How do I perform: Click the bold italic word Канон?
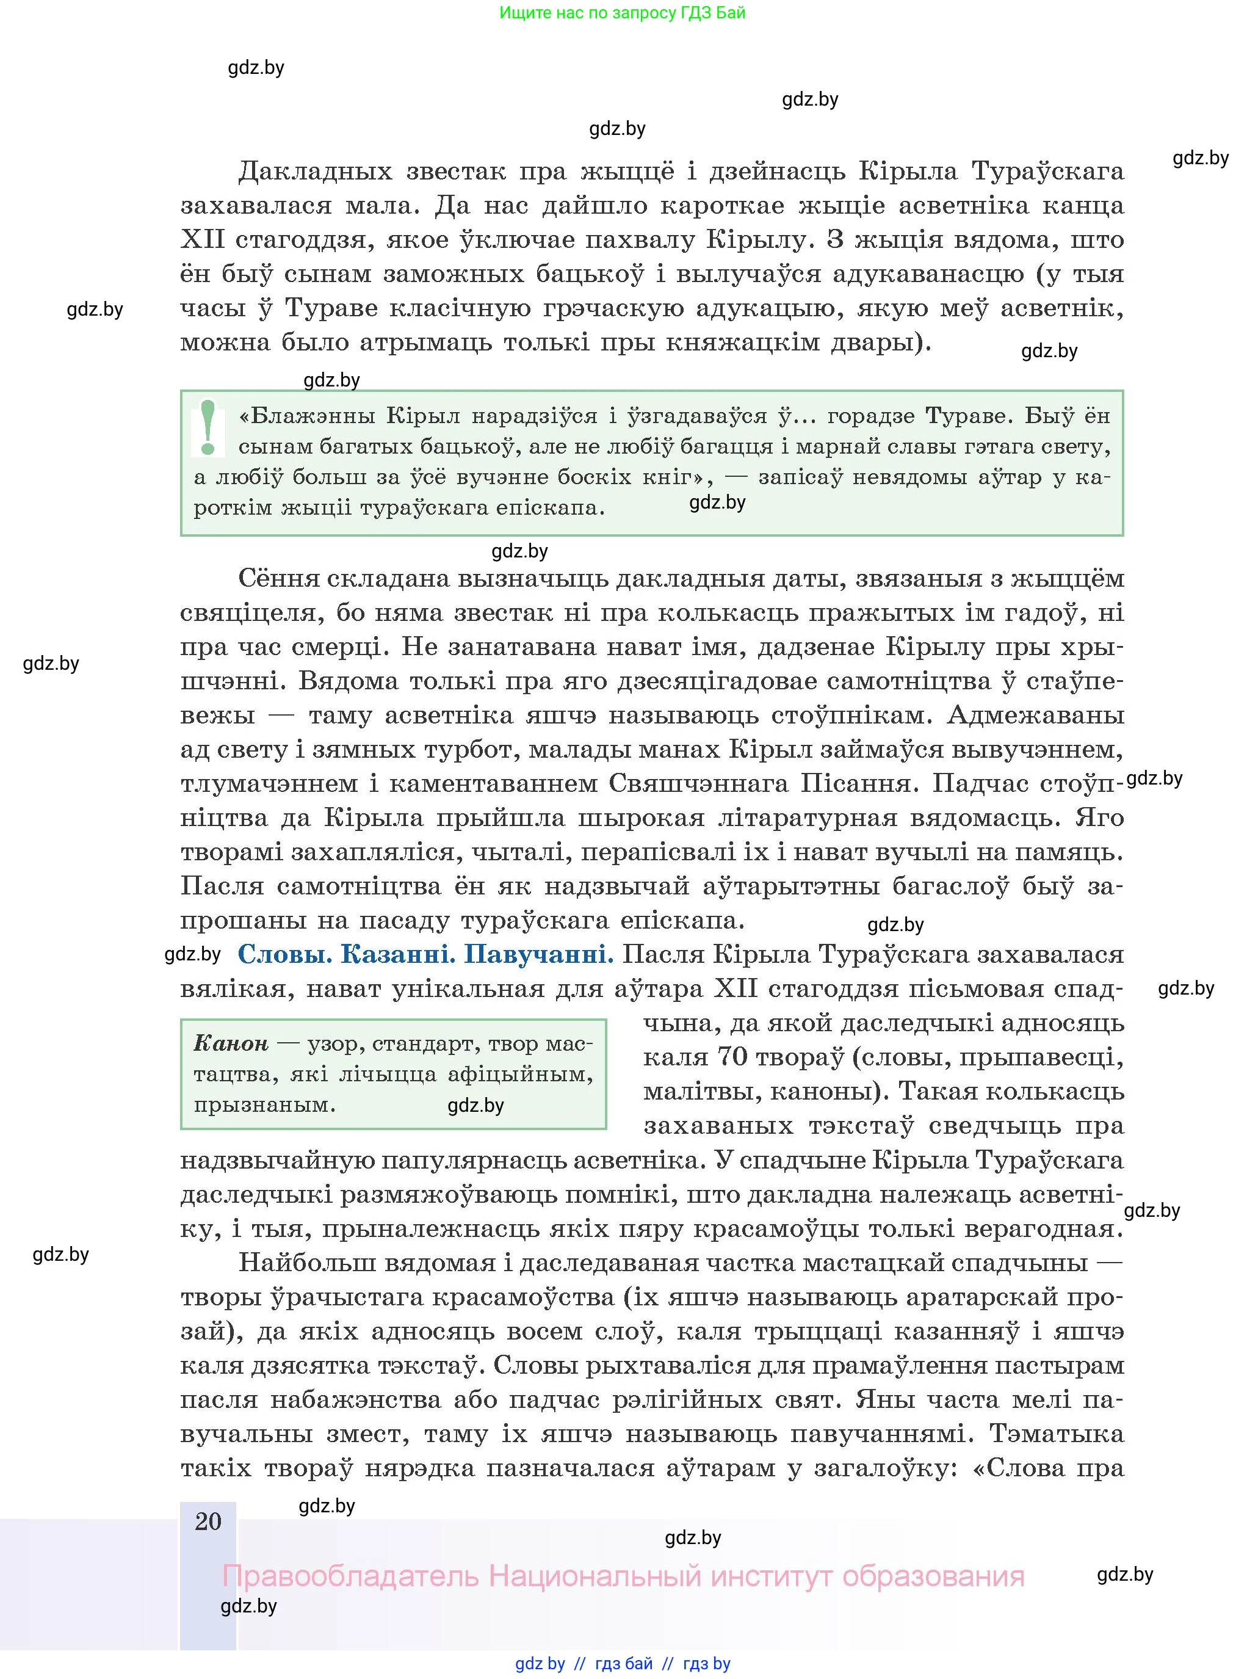click(x=231, y=1044)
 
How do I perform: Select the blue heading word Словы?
click(x=284, y=955)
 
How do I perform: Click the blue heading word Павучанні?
click(x=538, y=955)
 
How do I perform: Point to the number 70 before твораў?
click(x=731, y=1057)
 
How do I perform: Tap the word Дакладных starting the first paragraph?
click(x=315, y=172)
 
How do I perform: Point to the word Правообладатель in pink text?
click(x=350, y=1576)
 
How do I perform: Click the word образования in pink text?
click(x=933, y=1576)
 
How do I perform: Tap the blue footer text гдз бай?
click(x=624, y=1663)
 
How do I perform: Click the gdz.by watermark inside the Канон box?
click(x=475, y=1106)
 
